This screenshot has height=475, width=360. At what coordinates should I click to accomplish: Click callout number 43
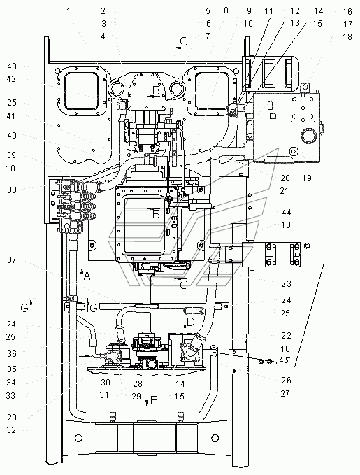12,66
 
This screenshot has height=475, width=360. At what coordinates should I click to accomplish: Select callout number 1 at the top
69,11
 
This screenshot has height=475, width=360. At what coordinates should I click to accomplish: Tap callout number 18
347,36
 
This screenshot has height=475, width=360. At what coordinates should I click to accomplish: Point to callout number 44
286,213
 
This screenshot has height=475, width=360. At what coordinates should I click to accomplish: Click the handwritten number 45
285,360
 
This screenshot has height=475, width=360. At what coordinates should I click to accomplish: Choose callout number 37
12,260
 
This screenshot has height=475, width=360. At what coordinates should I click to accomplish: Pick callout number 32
11,430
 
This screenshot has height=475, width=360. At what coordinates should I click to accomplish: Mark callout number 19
307,178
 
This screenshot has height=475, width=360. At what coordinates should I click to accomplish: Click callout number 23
286,284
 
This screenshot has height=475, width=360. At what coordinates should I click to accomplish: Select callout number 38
12,190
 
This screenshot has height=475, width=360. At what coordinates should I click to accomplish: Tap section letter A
87,276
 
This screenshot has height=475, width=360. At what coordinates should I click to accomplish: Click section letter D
191,322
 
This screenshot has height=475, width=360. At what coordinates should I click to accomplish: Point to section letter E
154,400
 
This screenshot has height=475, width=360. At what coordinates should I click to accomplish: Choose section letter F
82,351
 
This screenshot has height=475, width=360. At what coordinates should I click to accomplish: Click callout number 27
285,394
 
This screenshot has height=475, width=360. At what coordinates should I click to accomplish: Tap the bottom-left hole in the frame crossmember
78,438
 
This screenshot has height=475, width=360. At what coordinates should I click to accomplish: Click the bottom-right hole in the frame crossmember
215,438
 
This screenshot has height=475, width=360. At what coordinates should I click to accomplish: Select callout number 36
12,353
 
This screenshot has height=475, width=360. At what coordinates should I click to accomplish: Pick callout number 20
285,178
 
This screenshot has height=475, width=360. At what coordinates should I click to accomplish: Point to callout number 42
12,79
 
